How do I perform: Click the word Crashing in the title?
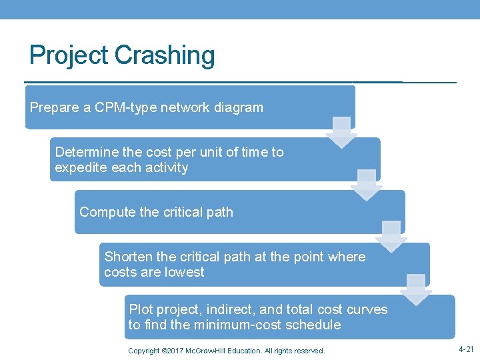[165, 55]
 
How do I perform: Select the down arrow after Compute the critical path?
[391, 237]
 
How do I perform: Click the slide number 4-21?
[467, 349]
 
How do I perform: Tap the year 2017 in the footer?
[172, 351]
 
